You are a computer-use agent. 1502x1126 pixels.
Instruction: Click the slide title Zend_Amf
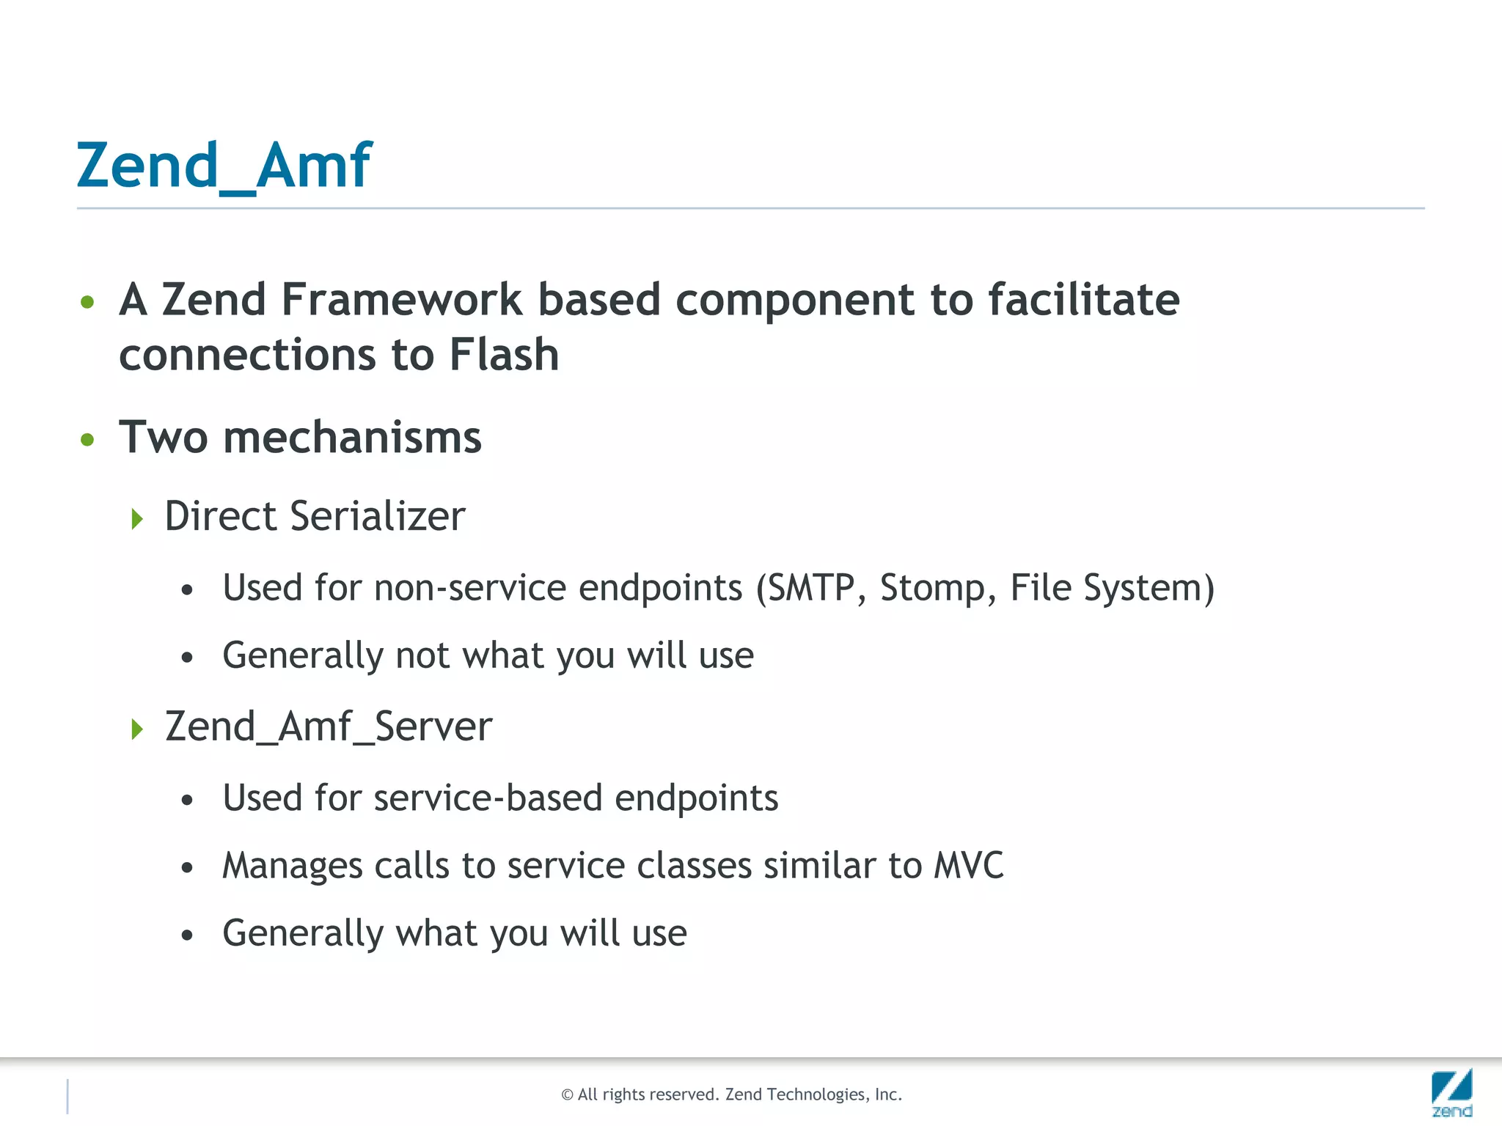(x=224, y=166)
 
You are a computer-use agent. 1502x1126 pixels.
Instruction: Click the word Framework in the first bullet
(x=401, y=300)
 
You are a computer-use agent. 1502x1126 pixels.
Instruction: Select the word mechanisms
(x=352, y=438)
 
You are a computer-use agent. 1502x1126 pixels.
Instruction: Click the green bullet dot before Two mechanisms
(x=88, y=439)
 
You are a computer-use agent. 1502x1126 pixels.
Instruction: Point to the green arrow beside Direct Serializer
(x=137, y=519)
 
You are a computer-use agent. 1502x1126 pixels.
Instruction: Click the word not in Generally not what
(x=422, y=655)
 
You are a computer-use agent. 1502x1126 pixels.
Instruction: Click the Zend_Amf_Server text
(x=329, y=727)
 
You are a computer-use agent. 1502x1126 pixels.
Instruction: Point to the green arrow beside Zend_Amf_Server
(x=137, y=729)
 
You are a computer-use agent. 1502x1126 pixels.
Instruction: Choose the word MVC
(x=968, y=866)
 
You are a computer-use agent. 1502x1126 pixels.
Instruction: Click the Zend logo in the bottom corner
(x=1451, y=1093)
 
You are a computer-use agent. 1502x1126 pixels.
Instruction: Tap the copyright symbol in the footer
(x=567, y=1095)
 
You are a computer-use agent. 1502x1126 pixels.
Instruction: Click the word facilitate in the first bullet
(x=1083, y=300)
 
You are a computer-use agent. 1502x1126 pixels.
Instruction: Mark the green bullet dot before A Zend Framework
(x=88, y=302)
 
